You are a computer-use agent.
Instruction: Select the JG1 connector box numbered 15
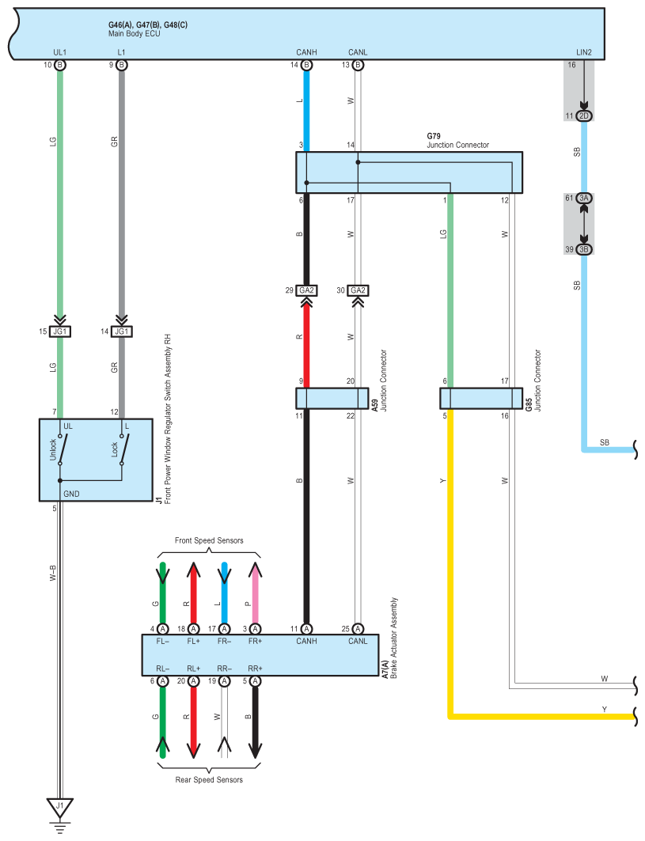(x=59, y=331)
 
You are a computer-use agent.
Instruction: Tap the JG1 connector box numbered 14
(x=121, y=331)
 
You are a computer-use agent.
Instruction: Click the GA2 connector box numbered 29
(x=306, y=290)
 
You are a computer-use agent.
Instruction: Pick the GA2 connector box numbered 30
(x=358, y=290)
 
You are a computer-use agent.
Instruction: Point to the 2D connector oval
(x=584, y=116)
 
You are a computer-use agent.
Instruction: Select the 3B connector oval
(x=584, y=249)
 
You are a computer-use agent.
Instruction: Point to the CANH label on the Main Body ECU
(x=306, y=52)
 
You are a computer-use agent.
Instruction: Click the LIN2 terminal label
(x=584, y=52)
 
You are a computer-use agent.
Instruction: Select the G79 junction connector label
(x=435, y=136)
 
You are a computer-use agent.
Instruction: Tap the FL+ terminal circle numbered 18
(x=193, y=628)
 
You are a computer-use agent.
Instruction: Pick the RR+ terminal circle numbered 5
(x=255, y=680)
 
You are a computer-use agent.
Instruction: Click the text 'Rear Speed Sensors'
(x=209, y=780)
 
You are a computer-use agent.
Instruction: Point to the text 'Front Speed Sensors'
(x=209, y=540)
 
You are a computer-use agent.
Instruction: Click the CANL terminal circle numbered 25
(x=358, y=628)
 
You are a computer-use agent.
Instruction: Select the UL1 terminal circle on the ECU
(x=60, y=65)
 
